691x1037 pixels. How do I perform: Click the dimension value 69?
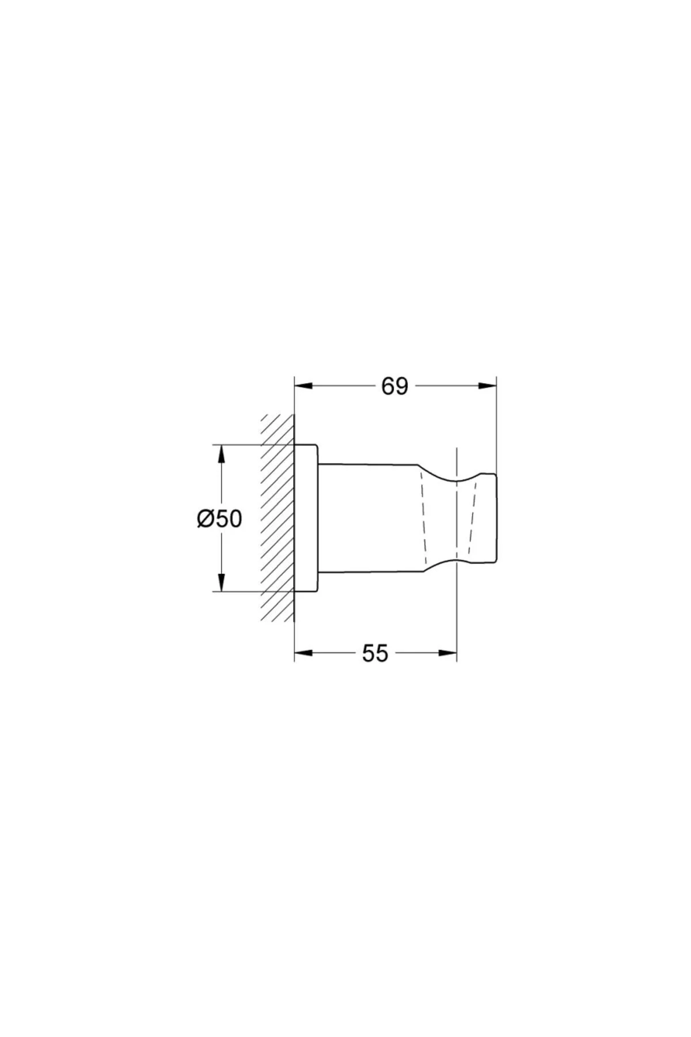pyautogui.click(x=394, y=386)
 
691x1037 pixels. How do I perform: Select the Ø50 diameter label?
pyautogui.click(x=219, y=518)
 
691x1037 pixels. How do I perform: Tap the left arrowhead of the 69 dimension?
pyautogui.click(x=303, y=386)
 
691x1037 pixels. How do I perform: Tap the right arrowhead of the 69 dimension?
pyautogui.click(x=487, y=386)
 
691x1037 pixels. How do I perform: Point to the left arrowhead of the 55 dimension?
pyautogui.click(x=303, y=653)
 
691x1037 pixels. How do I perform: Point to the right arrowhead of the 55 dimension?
pyautogui.click(x=447, y=653)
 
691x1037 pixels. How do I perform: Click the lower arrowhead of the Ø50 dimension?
pyautogui.click(x=219, y=581)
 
